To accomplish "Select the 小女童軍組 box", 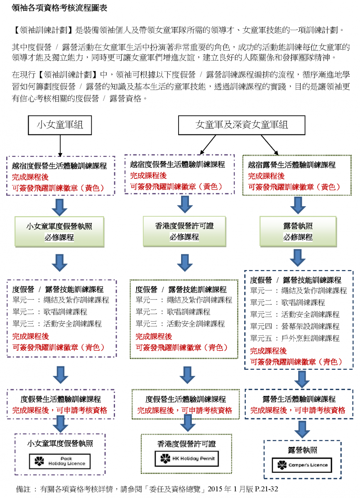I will [x=60, y=124].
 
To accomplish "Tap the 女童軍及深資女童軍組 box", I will [x=242, y=124].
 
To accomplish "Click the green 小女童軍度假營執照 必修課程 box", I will [x=59, y=232].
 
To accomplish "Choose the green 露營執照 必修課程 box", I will [x=298, y=232].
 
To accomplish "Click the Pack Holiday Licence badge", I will [x=60, y=461].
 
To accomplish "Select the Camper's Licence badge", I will [x=302, y=465].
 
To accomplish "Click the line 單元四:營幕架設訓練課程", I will [x=295, y=326].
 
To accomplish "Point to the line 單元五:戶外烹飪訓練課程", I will [x=295, y=338].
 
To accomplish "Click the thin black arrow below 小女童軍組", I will [x=61, y=145].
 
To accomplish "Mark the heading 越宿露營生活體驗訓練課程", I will [x=291, y=165].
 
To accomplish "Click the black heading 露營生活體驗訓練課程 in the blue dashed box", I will [x=299, y=399].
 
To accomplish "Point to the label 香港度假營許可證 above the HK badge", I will [x=186, y=444].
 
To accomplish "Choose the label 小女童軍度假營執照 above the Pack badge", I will [x=60, y=444].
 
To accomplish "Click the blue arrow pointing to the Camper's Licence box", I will [x=302, y=429].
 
